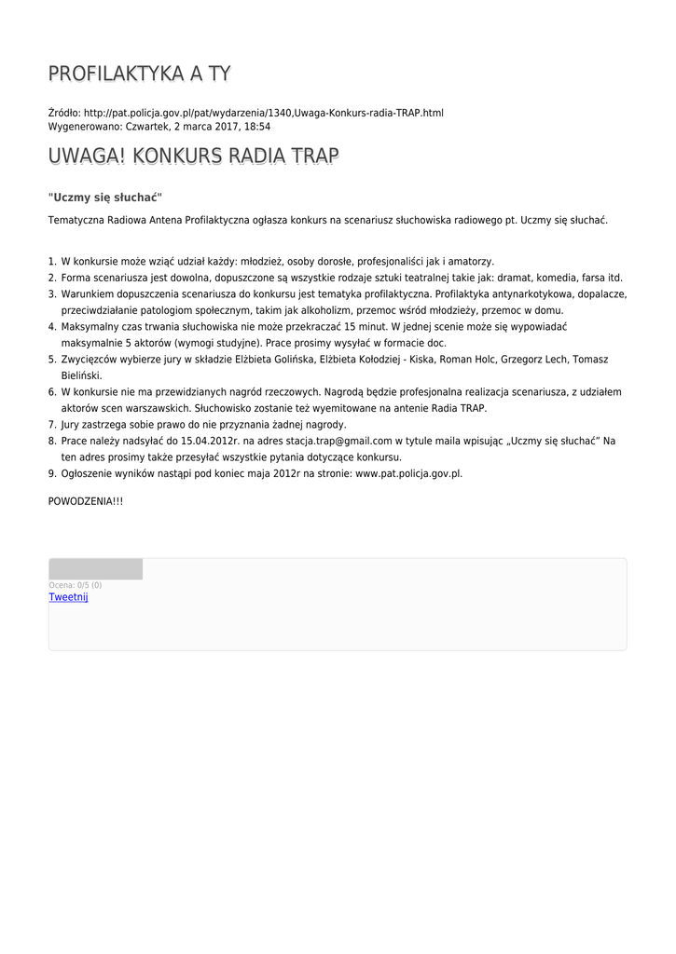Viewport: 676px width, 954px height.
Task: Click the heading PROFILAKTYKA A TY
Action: pos(139,74)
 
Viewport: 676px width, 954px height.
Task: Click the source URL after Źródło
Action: pos(264,113)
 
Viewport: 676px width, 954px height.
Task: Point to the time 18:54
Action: pos(258,126)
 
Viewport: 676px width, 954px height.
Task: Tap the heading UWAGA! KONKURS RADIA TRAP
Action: pos(193,156)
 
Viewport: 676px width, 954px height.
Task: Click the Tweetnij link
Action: pos(68,597)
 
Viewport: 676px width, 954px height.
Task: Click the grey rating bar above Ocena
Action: pos(96,569)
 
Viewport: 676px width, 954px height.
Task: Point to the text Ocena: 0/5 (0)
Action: pos(76,585)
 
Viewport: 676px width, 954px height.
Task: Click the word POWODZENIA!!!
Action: pos(85,501)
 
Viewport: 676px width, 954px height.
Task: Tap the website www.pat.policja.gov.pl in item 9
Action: pos(408,473)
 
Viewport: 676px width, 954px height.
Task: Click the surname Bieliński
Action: pos(81,375)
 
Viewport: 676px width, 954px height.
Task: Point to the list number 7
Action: pos(52,425)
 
